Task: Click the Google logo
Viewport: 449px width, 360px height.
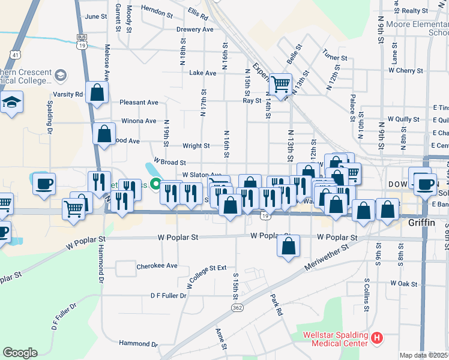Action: tap(20, 353)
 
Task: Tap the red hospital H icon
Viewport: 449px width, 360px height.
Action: tap(377, 338)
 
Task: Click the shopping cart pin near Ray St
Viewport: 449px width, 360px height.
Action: tap(280, 84)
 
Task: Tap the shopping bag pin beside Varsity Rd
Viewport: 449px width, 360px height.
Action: tap(97, 92)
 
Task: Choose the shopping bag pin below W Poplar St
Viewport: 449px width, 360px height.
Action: tap(289, 245)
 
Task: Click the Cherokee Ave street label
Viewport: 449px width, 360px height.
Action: tap(157, 265)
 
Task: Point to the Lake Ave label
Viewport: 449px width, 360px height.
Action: tap(202, 73)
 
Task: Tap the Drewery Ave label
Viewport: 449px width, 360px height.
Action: tap(195, 29)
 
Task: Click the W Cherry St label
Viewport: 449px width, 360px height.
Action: tap(406, 70)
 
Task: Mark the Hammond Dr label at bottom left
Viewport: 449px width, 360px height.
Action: tap(137, 344)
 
